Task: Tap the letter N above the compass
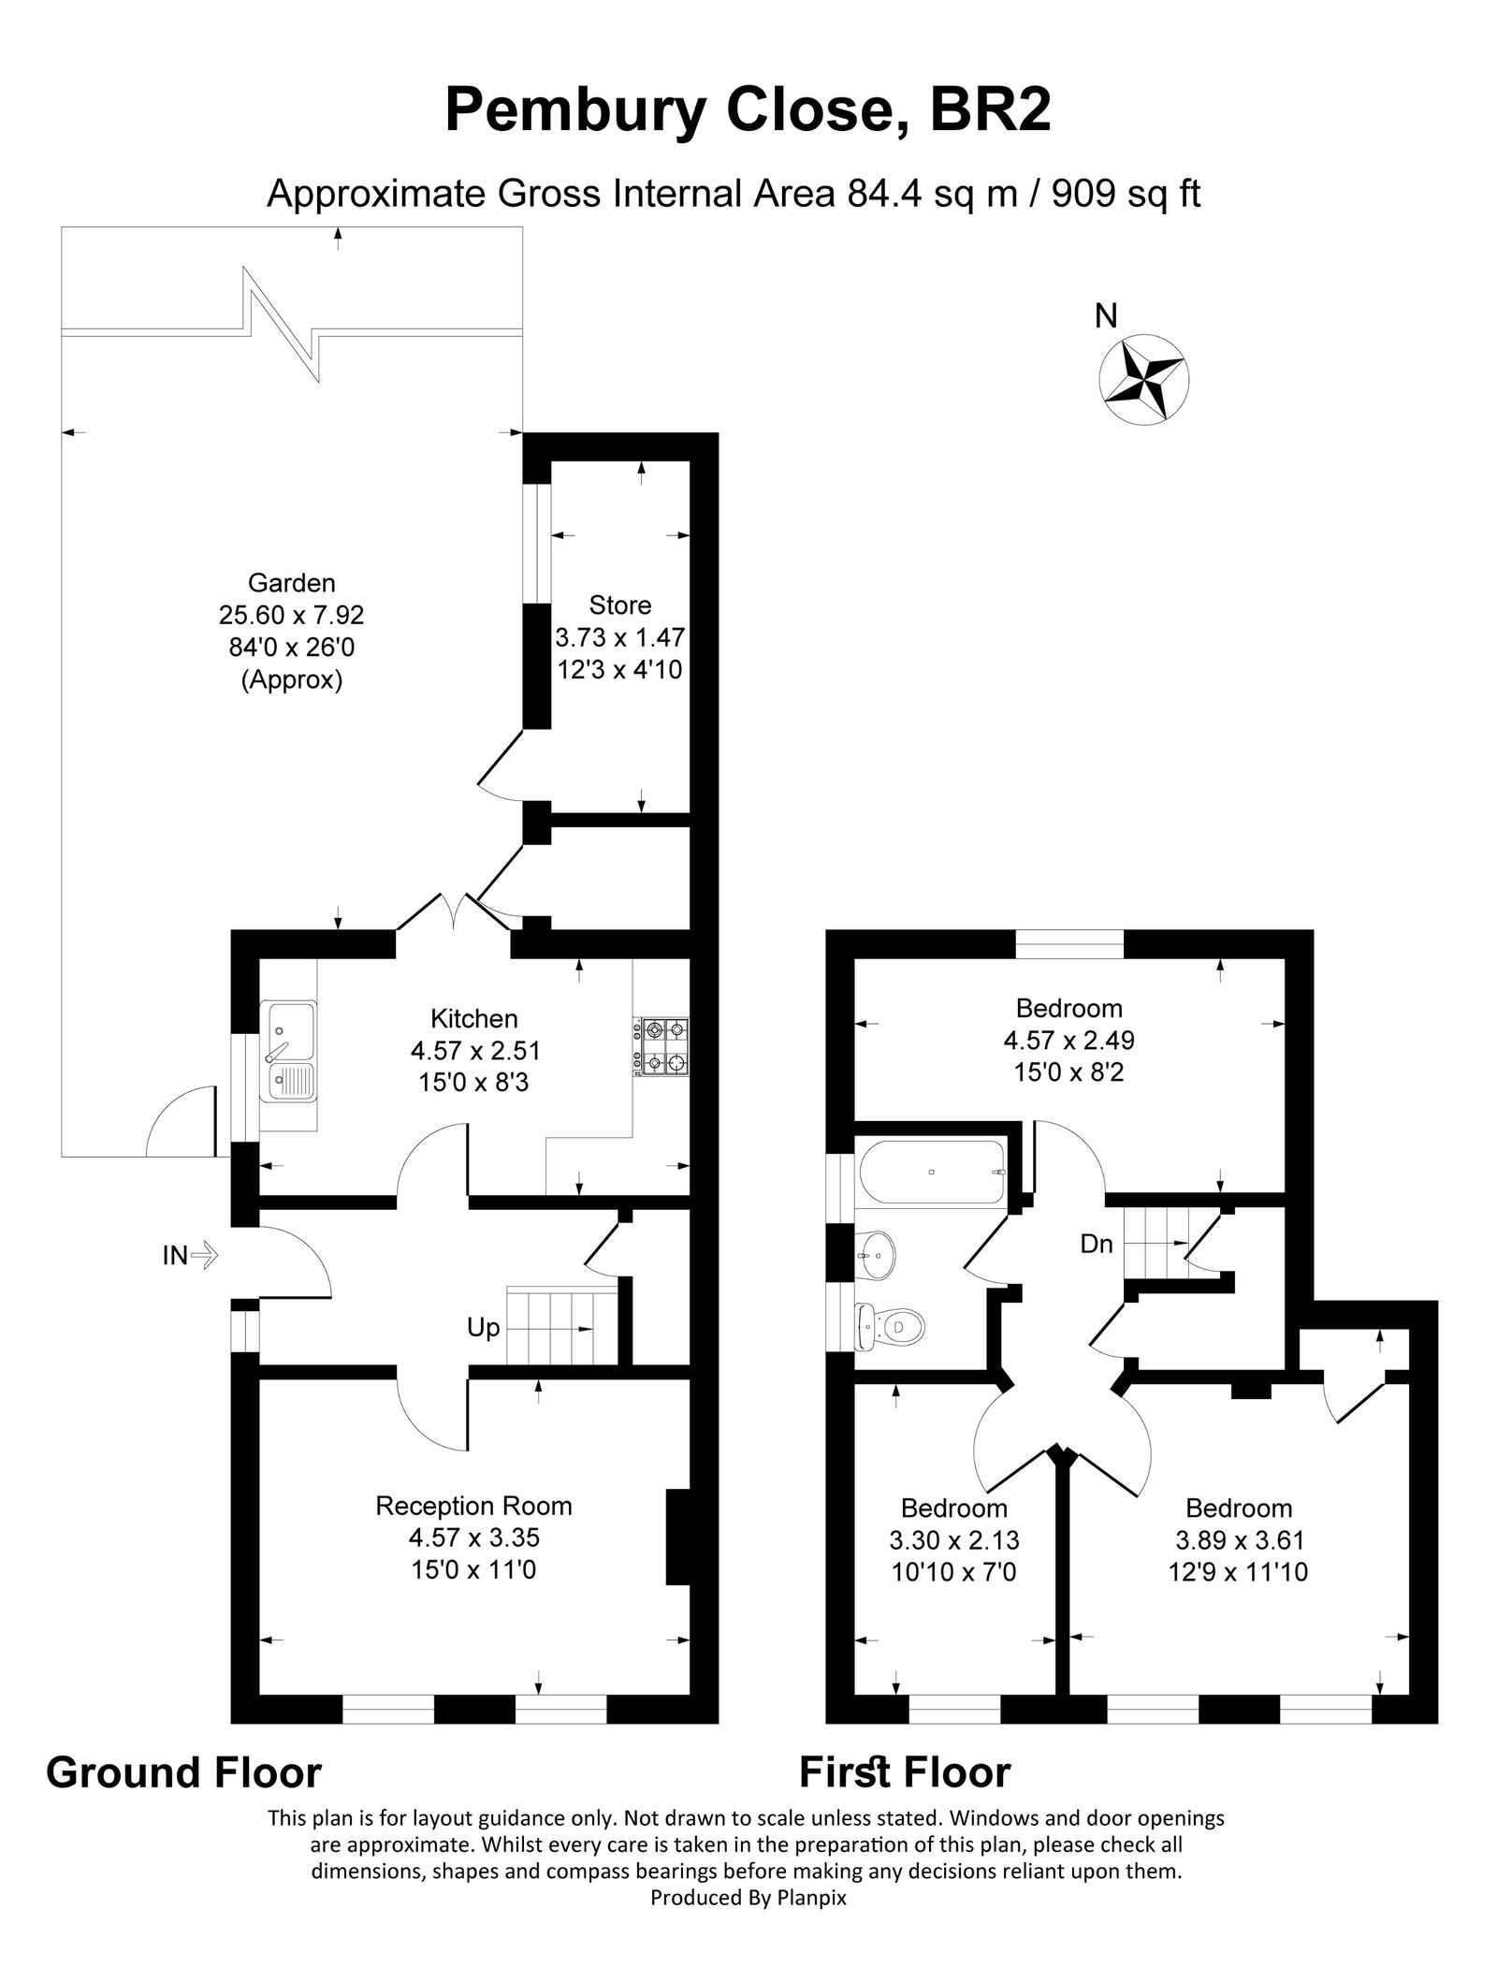(x=1106, y=317)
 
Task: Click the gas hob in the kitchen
(x=661, y=1046)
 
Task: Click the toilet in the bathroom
(x=893, y=1325)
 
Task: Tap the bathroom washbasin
(x=877, y=1252)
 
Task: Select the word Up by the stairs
(x=483, y=1328)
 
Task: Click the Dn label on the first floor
(x=1097, y=1244)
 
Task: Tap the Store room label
(x=619, y=605)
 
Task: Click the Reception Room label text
(x=473, y=1506)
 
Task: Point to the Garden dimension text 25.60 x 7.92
(x=291, y=615)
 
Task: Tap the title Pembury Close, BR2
(x=748, y=110)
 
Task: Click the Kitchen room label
(x=473, y=1018)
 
